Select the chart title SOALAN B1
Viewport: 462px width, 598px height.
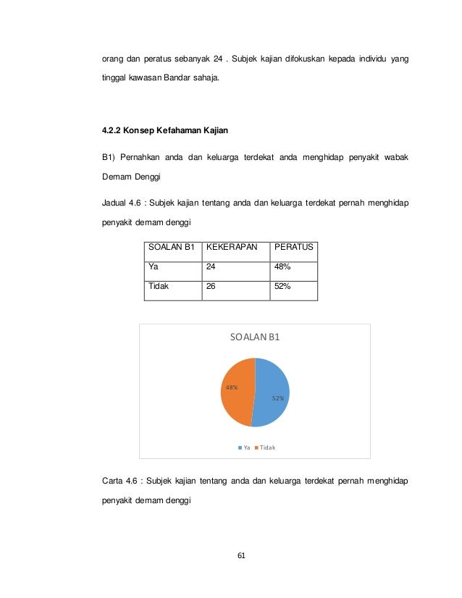click(255, 337)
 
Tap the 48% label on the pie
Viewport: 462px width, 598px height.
click(232, 387)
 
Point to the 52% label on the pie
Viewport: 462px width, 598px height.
click(278, 398)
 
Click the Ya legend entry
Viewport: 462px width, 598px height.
click(245, 447)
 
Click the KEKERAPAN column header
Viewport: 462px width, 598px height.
click(232, 248)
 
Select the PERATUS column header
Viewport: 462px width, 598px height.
click(293, 248)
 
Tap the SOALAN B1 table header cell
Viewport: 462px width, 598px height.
click(172, 248)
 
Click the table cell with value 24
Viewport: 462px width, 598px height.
click(211, 266)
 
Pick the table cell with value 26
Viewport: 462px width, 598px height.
click(211, 286)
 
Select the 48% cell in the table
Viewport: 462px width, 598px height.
click(282, 266)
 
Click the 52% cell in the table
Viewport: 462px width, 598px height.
click(282, 286)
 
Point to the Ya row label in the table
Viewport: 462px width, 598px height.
click(154, 266)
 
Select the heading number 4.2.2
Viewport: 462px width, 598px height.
click(111, 130)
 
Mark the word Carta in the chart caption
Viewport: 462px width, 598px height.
click(112, 479)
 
